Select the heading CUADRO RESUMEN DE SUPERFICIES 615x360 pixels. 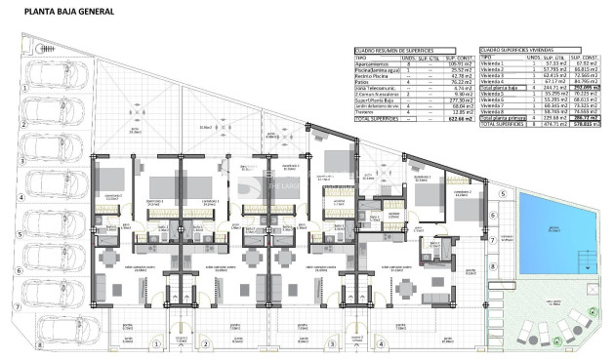(x=390, y=49)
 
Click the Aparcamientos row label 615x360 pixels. (x=372, y=62)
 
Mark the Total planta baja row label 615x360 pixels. (x=498, y=87)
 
